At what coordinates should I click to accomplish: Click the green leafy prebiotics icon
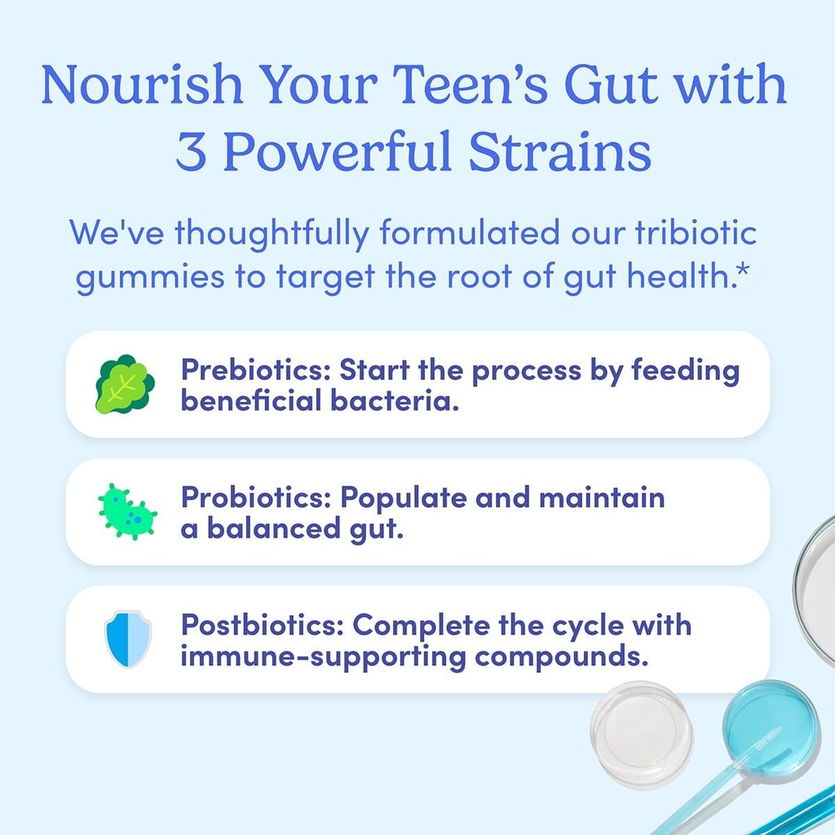125,384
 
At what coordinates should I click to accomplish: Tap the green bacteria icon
126,511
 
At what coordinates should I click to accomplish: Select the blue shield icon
127,638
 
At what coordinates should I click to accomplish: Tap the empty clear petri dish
641,722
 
